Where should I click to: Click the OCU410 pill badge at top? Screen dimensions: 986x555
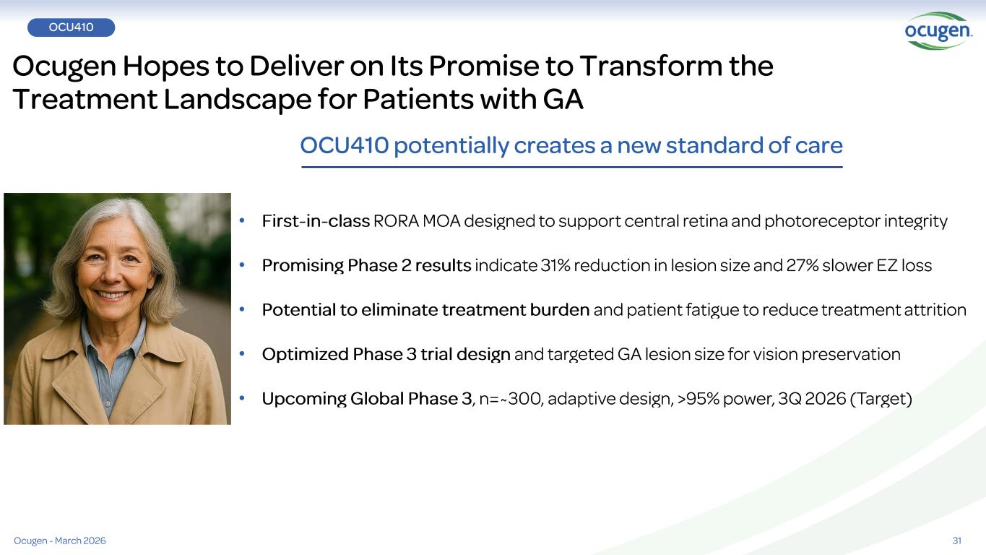pos(72,27)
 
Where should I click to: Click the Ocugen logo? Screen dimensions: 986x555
pos(938,31)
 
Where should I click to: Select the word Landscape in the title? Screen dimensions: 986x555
pos(238,100)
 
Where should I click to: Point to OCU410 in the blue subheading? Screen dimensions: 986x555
pos(345,145)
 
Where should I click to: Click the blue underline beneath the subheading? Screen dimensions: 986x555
pos(572,167)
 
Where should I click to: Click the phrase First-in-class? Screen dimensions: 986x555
pos(316,221)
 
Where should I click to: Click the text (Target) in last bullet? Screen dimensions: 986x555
pos(881,399)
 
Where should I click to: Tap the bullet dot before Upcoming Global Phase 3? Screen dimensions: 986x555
pos(242,398)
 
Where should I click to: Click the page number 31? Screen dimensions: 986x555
pos(956,541)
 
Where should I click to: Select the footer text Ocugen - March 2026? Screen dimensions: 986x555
pos(60,541)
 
